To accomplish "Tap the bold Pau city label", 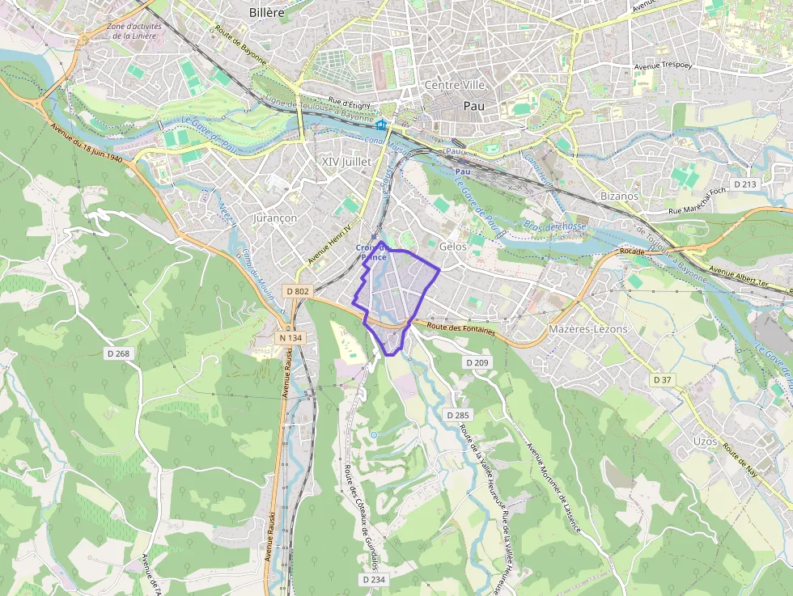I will pos(474,106).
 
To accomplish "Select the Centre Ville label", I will pos(454,85).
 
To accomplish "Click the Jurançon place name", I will pos(275,218).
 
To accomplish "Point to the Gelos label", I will pos(453,246).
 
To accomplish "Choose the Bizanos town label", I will pos(620,196).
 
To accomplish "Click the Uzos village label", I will pos(705,441).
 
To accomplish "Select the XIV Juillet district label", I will pos(346,162).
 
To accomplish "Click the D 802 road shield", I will pos(298,291).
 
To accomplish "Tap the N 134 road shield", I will pos(290,337).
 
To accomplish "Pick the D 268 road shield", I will pos(118,353).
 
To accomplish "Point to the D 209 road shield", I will pos(478,363).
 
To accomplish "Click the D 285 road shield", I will pos(457,415).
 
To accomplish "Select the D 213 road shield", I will pos(745,184).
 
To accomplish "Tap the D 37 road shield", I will pos(662,379).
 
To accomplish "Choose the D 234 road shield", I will pos(374,580).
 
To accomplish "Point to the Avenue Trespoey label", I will pos(659,66).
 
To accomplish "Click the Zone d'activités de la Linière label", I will pos(134,31).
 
